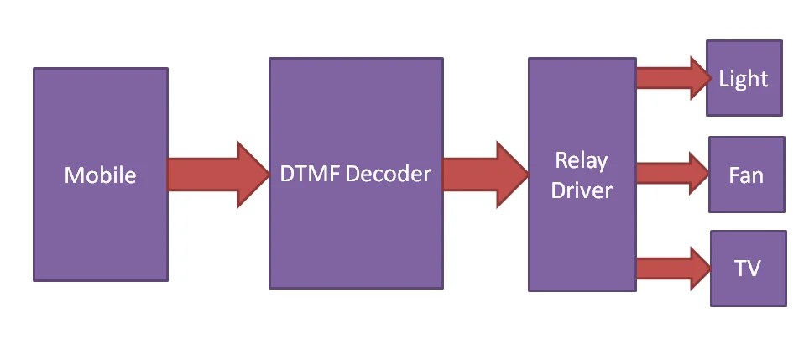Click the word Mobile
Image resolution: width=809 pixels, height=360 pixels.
click(x=100, y=175)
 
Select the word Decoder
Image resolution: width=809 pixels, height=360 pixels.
click(x=388, y=174)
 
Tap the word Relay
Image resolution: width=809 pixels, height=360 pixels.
click(x=582, y=160)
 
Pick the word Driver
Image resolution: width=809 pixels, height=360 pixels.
click(x=582, y=190)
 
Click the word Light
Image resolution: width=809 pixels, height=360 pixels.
click(x=744, y=79)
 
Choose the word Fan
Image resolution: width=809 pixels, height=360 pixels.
click(x=746, y=176)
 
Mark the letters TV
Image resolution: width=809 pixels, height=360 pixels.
click(x=748, y=269)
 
